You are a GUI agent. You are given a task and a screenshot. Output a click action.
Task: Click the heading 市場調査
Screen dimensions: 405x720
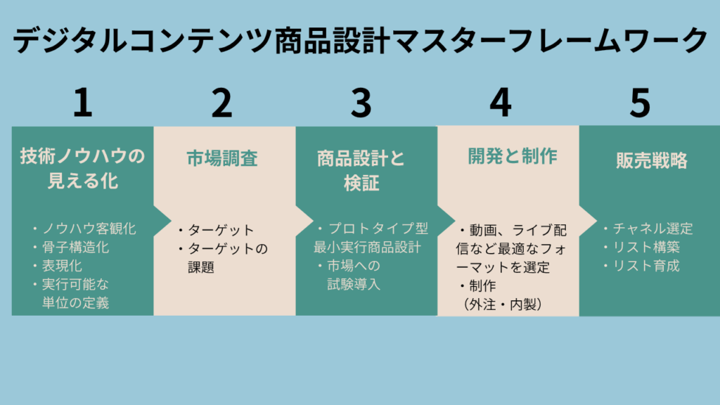(x=222, y=158)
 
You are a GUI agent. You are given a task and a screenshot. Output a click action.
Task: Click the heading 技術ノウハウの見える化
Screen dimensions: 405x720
(x=83, y=169)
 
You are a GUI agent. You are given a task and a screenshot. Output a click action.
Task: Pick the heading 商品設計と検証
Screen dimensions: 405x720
(x=361, y=170)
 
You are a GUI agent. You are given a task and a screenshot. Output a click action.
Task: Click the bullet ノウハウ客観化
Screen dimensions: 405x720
(x=84, y=229)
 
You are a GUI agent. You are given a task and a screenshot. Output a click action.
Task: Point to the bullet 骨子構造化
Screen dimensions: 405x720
(x=75, y=247)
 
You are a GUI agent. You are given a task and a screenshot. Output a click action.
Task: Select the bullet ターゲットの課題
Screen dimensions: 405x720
(x=223, y=257)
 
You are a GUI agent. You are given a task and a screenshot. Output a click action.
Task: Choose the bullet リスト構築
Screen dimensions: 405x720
(x=645, y=247)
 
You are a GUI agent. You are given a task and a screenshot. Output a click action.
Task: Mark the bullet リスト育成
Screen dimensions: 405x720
(x=645, y=266)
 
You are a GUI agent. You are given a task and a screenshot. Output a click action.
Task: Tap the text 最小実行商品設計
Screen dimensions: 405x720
(x=368, y=247)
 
